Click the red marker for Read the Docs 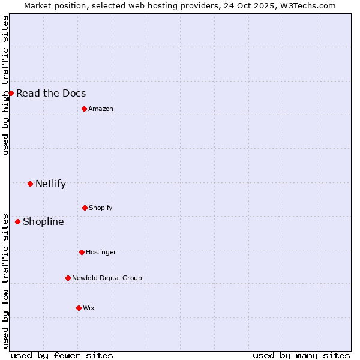(11, 93)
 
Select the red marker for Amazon (84, 109)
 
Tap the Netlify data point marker (30, 184)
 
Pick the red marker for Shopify (85, 208)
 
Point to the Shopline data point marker (17, 221)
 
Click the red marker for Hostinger (82, 252)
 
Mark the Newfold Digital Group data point (68, 278)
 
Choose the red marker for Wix (79, 308)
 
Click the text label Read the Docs (51, 93)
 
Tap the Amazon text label (101, 109)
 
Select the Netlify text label (50, 184)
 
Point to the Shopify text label (101, 208)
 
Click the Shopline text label (43, 221)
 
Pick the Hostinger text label (101, 252)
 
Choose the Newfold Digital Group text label (107, 278)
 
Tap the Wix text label (89, 308)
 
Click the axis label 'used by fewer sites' (62, 355)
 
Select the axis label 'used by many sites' (301, 355)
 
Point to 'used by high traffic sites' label (5, 85)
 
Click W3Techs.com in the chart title (305, 5)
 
